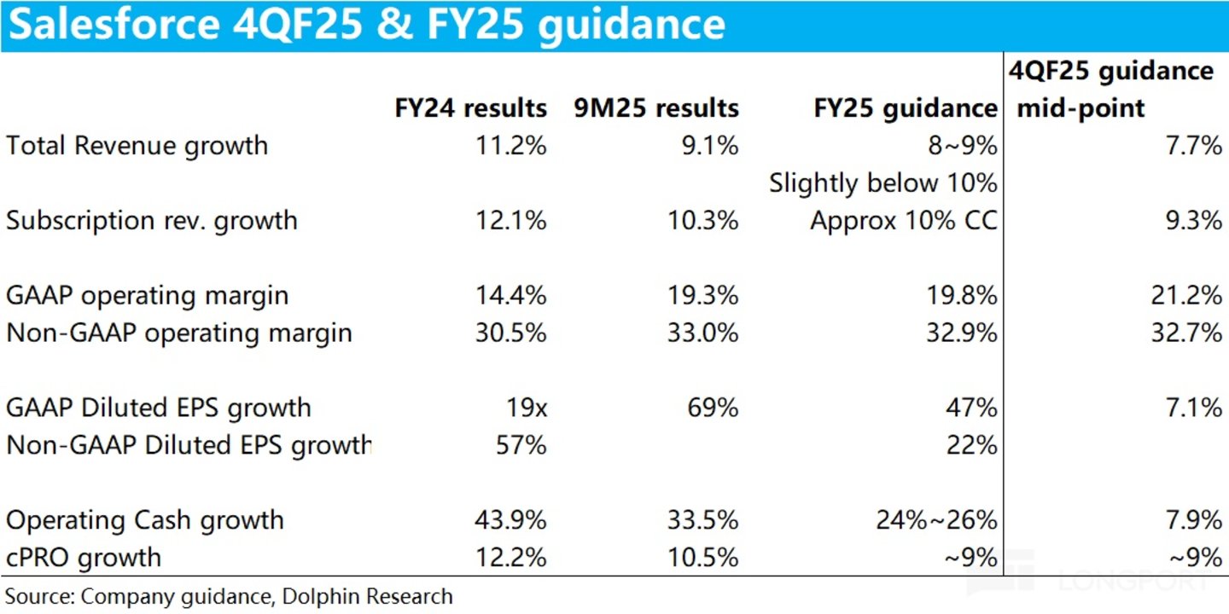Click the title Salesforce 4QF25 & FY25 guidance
coord(367,26)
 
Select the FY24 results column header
coord(470,109)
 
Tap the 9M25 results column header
coord(656,109)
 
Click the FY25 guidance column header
coord(906,109)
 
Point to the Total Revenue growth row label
coord(137,146)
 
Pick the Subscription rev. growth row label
coord(152,221)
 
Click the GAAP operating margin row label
coord(148,296)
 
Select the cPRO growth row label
coord(84,559)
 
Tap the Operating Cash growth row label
coord(145,521)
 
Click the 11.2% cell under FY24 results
coord(510,146)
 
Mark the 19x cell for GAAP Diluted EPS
coord(523,408)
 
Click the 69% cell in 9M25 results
coord(713,408)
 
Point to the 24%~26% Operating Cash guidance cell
coord(936,521)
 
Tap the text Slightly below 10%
coord(882,183)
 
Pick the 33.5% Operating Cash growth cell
coord(703,521)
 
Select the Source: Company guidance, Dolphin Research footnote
coord(229,596)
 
